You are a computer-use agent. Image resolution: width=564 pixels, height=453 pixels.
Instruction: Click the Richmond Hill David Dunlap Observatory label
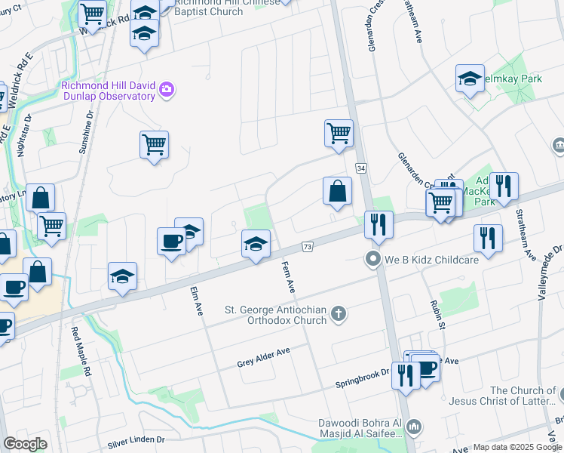click(108, 91)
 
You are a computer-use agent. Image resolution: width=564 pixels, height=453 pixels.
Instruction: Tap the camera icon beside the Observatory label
click(167, 91)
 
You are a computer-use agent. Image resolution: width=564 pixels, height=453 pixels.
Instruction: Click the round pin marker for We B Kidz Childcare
click(372, 260)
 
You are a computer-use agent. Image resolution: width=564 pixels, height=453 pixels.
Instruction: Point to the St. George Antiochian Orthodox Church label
click(276, 315)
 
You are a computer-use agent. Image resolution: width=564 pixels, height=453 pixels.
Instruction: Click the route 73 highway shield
click(307, 247)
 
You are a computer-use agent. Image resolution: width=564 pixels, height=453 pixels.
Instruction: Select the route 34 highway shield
click(362, 168)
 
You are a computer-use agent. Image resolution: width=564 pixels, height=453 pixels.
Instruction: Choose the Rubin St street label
click(437, 313)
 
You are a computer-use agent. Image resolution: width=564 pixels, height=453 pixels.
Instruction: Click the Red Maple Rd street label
click(81, 352)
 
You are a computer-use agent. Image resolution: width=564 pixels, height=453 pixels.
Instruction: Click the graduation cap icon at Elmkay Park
click(470, 79)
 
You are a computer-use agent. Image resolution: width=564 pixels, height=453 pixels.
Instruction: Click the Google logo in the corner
click(25, 444)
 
